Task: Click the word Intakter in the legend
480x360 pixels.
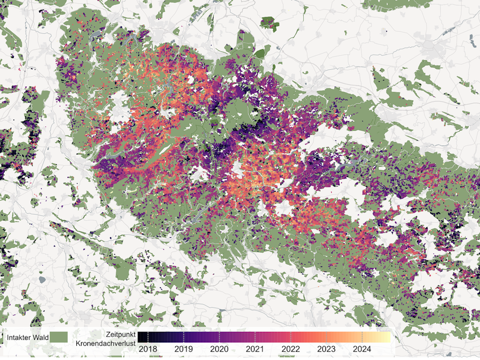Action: (x=19, y=337)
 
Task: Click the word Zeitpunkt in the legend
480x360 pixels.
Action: (x=120, y=335)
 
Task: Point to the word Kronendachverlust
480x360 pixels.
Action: (x=105, y=344)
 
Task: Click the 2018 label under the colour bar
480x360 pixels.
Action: (x=148, y=349)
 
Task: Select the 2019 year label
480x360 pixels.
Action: (x=184, y=349)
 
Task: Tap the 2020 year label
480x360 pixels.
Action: (x=219, y=349)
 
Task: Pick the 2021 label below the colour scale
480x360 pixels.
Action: (x=255, y=349)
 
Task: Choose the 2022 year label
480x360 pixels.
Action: (x=291, y=349)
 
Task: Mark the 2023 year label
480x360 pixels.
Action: (x=327, y=349)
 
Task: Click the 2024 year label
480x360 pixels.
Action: (x=362, y=349)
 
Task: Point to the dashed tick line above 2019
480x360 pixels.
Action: (x=184, y=337)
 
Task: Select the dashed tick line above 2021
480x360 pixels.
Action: (x=255, y=337)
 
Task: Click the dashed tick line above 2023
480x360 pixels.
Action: (x=327, y=337)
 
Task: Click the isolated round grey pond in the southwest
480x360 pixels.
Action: (x=42, y=279)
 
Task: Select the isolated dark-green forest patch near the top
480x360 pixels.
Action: (x=269, y=22)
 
